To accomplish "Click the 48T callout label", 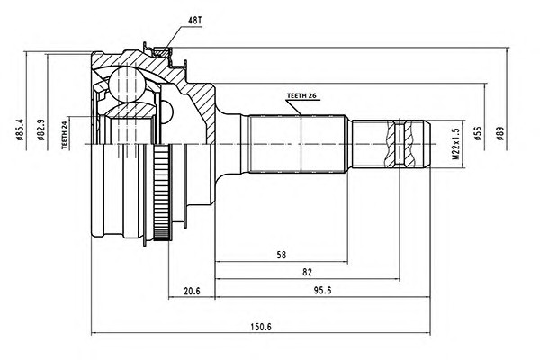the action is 194,21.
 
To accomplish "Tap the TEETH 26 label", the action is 301,96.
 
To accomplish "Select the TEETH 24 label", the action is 64,135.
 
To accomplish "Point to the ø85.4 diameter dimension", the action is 19,130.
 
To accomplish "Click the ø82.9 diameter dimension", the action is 41,130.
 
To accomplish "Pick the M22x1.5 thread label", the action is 455,144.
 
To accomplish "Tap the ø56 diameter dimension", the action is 478,133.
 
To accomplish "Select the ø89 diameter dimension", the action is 500,133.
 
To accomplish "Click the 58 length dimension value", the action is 282,255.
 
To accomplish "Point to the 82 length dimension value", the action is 307,272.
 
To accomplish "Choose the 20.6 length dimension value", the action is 192,291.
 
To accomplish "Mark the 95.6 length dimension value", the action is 322,291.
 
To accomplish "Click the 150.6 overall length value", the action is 261,327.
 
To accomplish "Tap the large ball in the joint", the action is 127,84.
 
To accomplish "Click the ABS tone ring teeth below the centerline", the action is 161,193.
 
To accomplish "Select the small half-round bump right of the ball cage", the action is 167,112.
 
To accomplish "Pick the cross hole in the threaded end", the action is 400,143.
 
